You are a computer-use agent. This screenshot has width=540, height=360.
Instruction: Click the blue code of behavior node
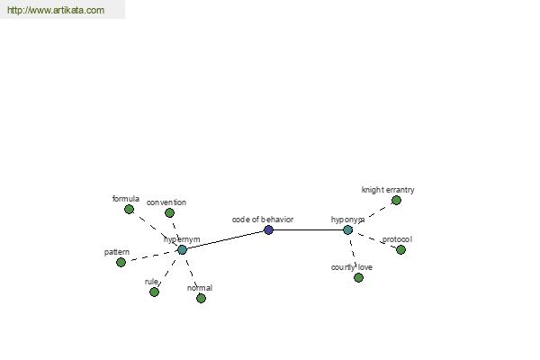[268, 229]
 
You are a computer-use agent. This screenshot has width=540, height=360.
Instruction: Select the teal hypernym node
[182, 249]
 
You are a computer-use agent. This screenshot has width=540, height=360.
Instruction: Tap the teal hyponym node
[347, 229]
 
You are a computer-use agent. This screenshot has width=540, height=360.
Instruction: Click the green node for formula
[129, 209]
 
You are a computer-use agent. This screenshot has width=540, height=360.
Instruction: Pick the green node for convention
[168, 213]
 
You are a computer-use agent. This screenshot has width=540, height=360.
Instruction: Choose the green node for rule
[154, 292]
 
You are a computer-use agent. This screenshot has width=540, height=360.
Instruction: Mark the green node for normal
[201, 298]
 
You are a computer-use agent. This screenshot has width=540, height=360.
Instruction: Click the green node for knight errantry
[396, 200]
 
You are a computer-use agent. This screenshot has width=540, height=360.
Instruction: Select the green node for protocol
[400, 249]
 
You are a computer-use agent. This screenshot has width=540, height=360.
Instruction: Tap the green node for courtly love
[358, 277]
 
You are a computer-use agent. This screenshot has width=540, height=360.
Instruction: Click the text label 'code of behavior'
[262, 219]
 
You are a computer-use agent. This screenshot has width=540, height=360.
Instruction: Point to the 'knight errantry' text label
[388, 190]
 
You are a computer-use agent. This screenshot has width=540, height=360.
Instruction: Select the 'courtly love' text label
[351, 266]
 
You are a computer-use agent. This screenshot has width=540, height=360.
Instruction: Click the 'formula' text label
[126, 198]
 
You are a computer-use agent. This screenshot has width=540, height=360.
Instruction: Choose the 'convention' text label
[166, 202]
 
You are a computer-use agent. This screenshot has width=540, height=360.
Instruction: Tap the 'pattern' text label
[117, 252]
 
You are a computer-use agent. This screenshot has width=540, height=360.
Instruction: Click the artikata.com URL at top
[56, 11]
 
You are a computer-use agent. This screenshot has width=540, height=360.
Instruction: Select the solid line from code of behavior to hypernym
[225, 239]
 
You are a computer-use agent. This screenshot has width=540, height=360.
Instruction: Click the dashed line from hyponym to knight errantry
[373, 214]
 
